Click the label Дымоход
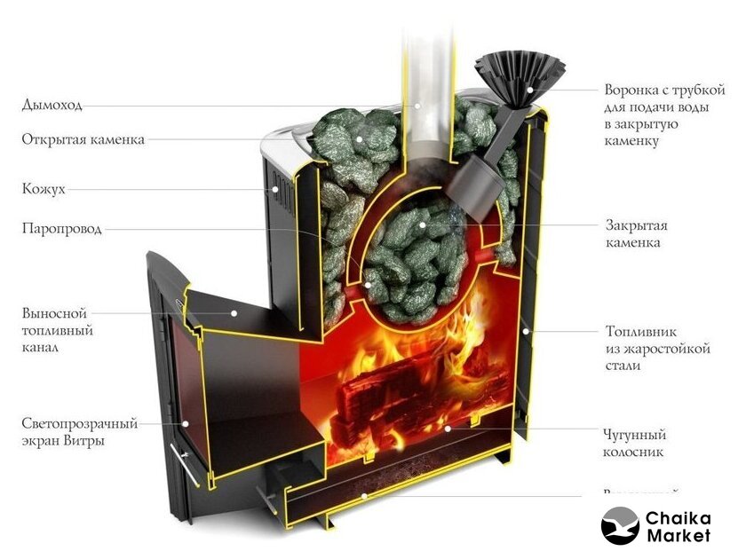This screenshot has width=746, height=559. coord(52,106)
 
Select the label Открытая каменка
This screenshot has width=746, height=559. coord(83,139)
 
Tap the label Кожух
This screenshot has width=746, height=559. coord(44,189)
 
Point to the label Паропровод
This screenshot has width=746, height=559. coord(62,229)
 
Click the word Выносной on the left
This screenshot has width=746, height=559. coord(54,313)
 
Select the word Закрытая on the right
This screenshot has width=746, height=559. coord(637,224)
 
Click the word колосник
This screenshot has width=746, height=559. coord(634,453)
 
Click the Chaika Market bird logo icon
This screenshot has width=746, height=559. coord(620,525)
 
